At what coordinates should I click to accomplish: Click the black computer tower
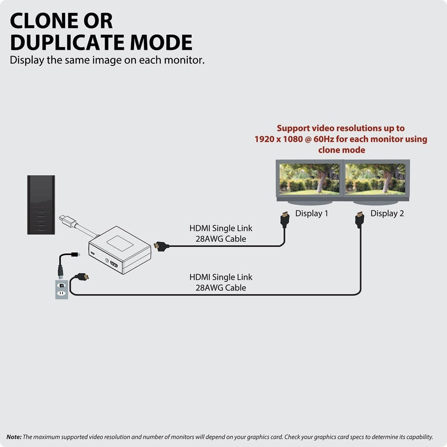41,204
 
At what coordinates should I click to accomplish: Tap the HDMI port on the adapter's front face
114,264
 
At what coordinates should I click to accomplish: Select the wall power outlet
61,290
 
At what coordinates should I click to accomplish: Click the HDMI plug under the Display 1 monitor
285,220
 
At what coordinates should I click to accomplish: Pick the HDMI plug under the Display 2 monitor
360,220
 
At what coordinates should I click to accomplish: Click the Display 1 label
311,214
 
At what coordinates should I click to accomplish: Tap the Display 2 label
387,214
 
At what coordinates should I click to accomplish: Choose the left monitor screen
309,179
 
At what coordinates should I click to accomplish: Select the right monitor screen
376,179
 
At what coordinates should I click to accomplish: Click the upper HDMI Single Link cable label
221,233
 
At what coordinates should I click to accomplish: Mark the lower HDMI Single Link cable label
221,282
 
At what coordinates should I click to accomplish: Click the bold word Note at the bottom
14,437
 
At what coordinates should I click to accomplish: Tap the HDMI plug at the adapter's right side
160,246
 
